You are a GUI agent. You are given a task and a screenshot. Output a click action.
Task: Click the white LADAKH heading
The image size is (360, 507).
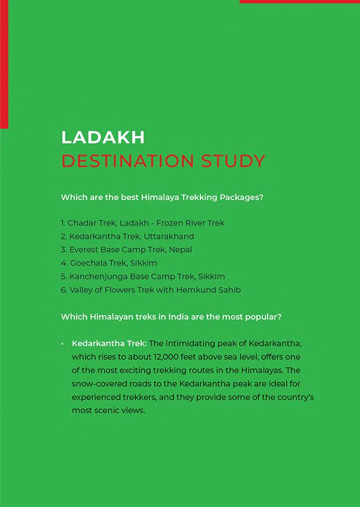[x=103, y=137]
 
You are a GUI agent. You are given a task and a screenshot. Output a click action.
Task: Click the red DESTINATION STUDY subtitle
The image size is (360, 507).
[x=163, y=161]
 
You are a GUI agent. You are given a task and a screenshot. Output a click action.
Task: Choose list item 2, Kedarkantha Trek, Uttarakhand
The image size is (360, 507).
[x=128, y=236]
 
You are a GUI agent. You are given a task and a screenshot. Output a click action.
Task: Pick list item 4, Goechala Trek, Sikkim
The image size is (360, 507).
[x=109, y=263]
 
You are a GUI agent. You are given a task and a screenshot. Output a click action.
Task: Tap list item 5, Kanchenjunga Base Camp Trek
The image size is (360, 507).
[x=143, y=276]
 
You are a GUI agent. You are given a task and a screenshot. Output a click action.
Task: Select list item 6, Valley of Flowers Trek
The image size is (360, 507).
[x=116, y=289]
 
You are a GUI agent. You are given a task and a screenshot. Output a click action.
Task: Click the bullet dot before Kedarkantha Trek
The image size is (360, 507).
[x=62, y=344]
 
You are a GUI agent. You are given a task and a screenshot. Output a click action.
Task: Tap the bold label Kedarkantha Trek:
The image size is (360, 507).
[x=109, y=343]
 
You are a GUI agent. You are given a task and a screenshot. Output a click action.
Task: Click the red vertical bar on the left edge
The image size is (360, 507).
[x=4, y=64]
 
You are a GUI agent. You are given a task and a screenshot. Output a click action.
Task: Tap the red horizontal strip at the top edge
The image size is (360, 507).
[x=300, y=2]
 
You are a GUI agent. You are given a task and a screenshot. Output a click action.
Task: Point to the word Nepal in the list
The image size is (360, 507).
[x=180, y=249]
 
